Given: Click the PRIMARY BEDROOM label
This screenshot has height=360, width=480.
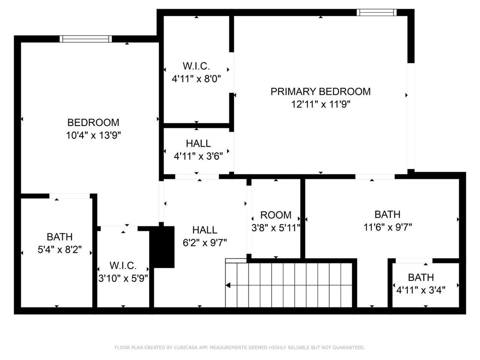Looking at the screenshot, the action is click(321, 91).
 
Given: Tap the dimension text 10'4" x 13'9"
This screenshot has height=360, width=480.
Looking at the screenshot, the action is click(93, 135).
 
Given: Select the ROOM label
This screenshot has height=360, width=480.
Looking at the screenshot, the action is click(276, 215).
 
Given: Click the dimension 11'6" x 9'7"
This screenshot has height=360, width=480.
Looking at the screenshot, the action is click(388, 227).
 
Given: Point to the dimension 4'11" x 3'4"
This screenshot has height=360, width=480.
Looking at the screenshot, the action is click(420, 290).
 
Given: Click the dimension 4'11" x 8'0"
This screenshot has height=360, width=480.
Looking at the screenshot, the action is click(196, 79).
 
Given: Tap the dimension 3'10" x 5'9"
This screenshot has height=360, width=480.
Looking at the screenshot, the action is click(123, 278).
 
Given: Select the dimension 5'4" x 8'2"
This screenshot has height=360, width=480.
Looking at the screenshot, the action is click(60, 249).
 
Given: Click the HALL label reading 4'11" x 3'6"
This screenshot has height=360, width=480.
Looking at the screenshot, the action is click(198, 143).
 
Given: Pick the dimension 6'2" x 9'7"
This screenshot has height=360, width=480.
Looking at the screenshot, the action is click(205, 243).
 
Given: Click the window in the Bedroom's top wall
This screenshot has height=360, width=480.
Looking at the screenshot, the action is click(86, 39).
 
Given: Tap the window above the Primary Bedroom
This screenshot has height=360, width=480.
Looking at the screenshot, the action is click(376, 13).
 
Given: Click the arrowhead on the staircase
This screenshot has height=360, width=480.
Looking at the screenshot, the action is click(228, 285).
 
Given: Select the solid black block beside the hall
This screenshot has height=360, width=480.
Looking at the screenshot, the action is click(163, 247).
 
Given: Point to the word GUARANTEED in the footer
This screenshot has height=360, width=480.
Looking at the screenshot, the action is click(349, 347).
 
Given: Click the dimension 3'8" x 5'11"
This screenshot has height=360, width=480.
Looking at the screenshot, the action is click(276, 228).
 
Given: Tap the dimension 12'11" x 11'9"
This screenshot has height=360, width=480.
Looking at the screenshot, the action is click(321, 105).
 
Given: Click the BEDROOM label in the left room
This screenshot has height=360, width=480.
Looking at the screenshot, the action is click(93, 122).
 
